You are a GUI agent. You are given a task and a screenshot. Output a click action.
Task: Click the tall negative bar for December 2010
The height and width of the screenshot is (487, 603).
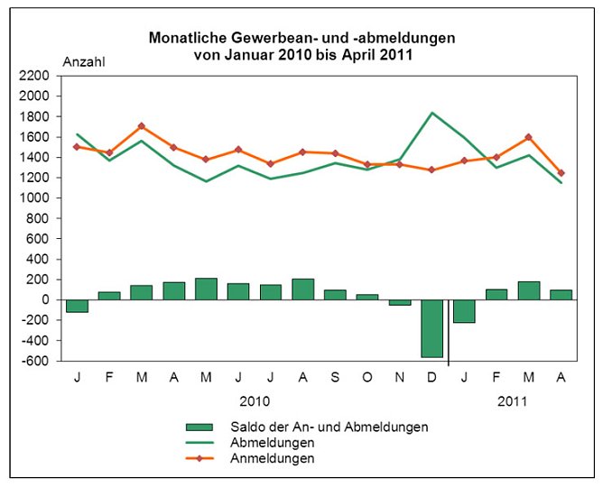431,328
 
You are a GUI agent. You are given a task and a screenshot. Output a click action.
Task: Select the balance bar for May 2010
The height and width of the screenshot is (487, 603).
206,289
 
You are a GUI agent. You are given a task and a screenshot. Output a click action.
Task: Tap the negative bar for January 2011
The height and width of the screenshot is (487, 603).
464,311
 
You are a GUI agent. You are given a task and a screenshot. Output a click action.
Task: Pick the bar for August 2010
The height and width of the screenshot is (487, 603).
303,289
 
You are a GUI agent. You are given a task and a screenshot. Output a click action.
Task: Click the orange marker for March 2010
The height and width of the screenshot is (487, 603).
142,126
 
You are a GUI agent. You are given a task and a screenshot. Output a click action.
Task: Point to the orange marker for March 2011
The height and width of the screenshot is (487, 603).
529,137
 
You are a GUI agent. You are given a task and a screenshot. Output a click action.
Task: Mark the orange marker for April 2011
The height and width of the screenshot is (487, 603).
561,173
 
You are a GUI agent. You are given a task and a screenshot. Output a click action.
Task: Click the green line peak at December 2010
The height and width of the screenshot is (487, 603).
432,113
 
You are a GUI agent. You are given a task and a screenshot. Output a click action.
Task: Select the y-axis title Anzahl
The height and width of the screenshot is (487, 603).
84,61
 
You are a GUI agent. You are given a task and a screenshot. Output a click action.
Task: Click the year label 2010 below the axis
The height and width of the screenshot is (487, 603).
254,399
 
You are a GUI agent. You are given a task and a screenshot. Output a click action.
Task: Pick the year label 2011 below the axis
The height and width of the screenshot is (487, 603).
513,399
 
